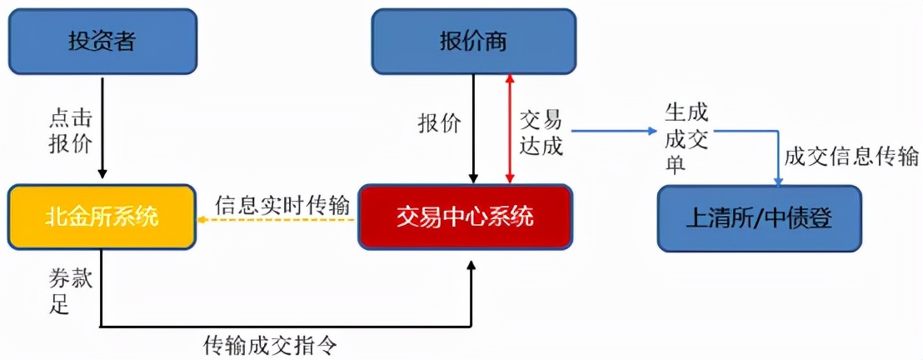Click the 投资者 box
[x=102, y=42]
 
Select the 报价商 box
[x=472, y=42]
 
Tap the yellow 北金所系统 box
[x=102, y=218]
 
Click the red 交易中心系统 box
[x=466, y=217]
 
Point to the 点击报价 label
[x=67, y=131]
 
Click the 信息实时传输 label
[x=276, y=204]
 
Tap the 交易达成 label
[x=541, y=133]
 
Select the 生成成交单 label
[x=686, y=138]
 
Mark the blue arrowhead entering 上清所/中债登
[x=779, y=180]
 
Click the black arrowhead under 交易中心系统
[x=471, y=264]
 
